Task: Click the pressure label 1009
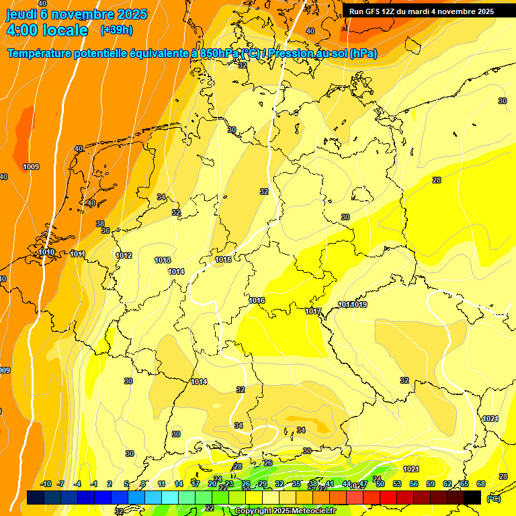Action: click(31, 167)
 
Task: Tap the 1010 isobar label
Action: click(46, 253)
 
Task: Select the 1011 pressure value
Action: click(77, 254)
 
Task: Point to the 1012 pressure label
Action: click(124, 256)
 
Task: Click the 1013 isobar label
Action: click(163, 260)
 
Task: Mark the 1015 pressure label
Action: click(223, 259)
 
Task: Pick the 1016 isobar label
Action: click(257, 300)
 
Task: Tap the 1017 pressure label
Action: click(313, 311)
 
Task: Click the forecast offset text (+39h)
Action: click(116, 30)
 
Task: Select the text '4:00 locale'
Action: click(46, 30)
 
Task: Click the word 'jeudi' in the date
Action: click(21, 13)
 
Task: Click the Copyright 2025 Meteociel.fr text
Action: click(285, 511)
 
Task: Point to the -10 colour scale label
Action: click(46, 484)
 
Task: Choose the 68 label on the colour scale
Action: click(481, 484)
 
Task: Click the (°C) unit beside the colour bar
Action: click(493, 499)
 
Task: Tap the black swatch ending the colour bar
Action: click(472, 497)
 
